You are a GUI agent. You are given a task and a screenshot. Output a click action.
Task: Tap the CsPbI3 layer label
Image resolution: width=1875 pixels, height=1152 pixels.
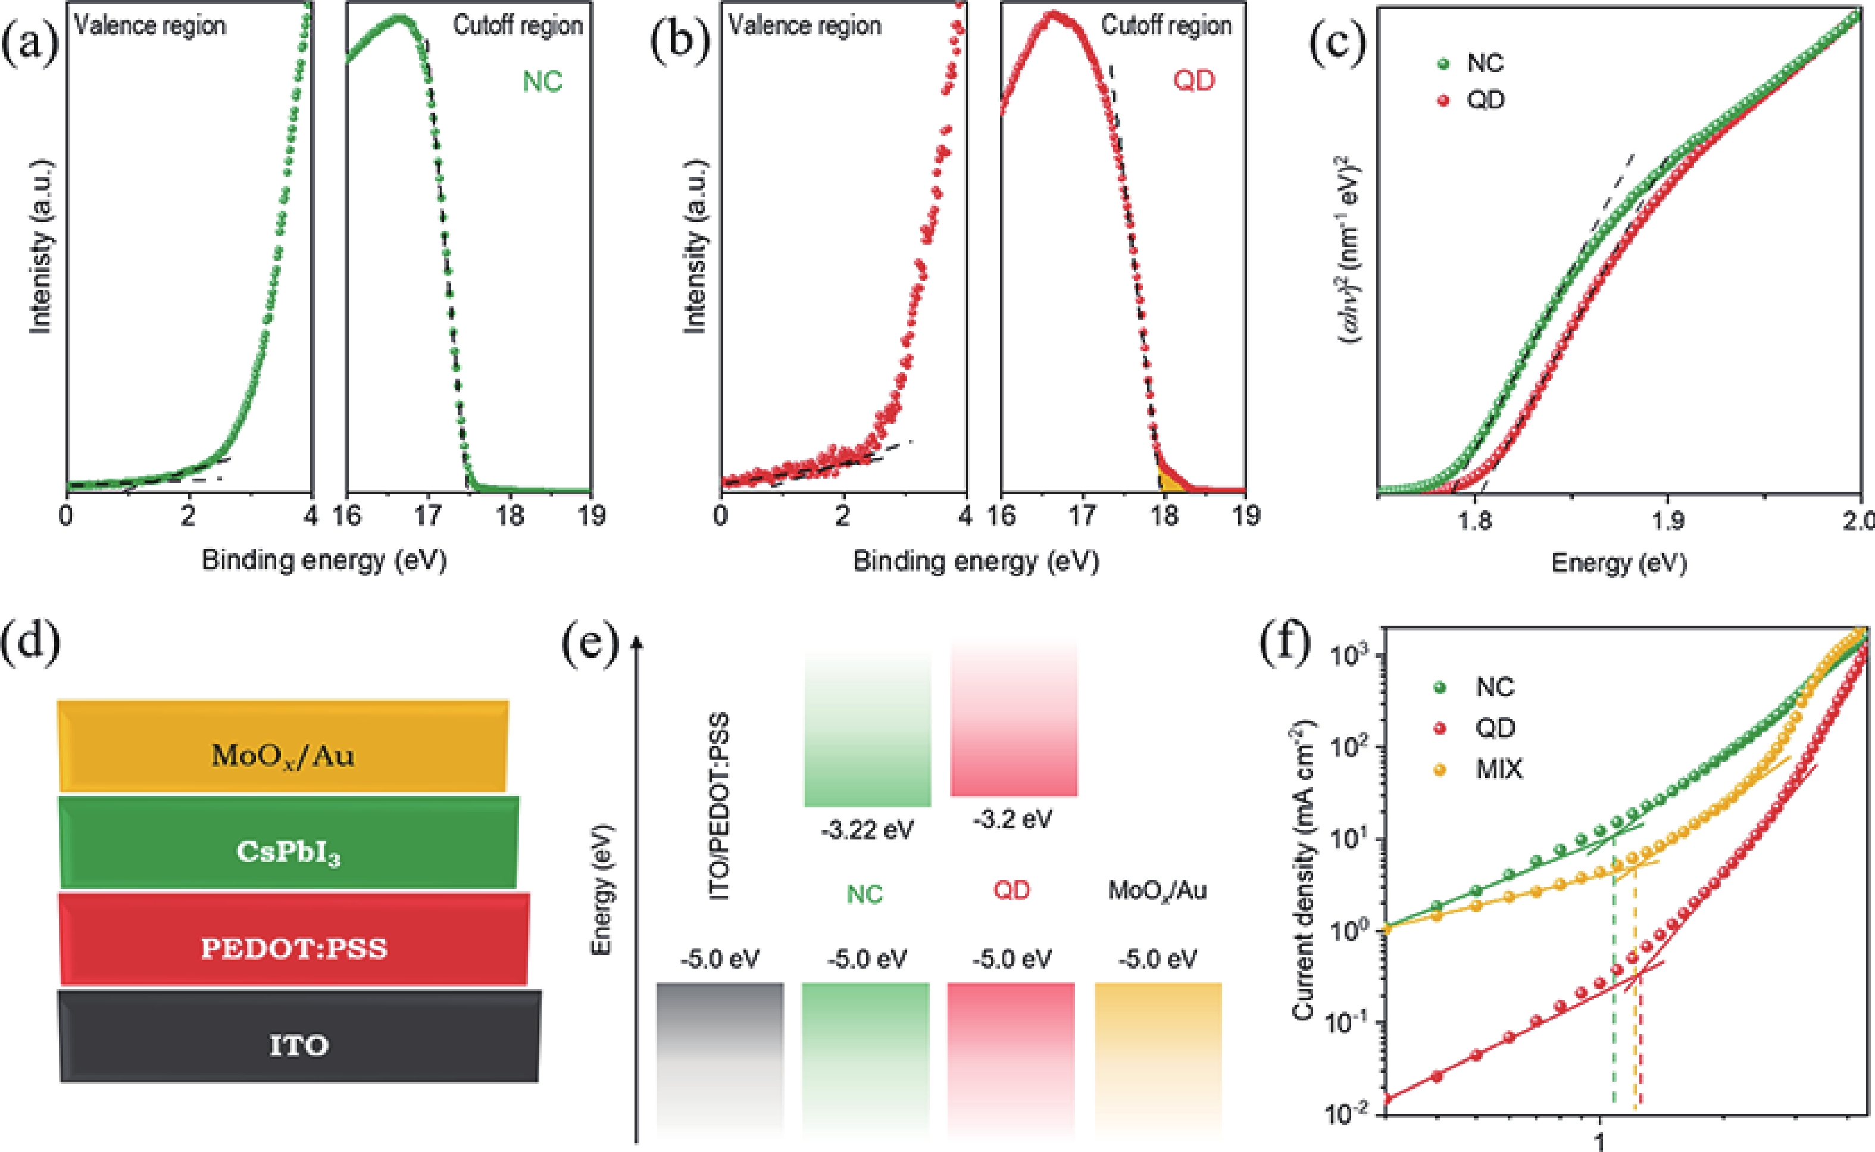click(x=288, y=853)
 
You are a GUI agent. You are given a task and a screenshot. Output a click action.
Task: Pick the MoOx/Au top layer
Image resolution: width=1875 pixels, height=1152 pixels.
click(x=283, y=756)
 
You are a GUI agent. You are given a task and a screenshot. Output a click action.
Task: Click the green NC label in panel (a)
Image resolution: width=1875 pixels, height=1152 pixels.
click(x=542, y=82)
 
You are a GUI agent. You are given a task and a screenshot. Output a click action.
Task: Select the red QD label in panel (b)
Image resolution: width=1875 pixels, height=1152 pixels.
click(x=1193, y=80)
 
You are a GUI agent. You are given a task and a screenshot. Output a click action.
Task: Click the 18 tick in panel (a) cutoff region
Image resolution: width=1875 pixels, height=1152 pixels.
click(x=510, y=517)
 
